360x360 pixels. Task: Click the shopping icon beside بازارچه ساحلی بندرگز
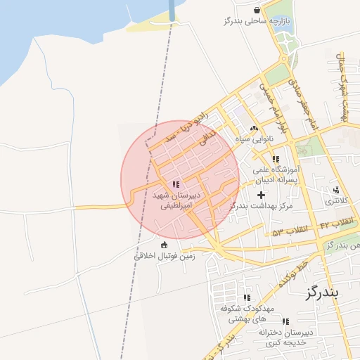click(x=258, y=10)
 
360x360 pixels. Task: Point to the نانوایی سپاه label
click(x=255, y=139)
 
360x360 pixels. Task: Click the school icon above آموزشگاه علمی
click(x=276, y=160)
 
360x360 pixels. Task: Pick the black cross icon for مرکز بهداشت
click(x=262, y=195)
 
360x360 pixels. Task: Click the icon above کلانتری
click(x=336, y=190)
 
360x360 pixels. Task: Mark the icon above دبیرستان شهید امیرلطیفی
click(x=175, y=185)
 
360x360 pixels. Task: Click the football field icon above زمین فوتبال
click(x=165, y=245)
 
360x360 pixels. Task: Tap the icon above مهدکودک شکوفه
click(x=245, y=298)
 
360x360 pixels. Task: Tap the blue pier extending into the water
click(x=172, y=11)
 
